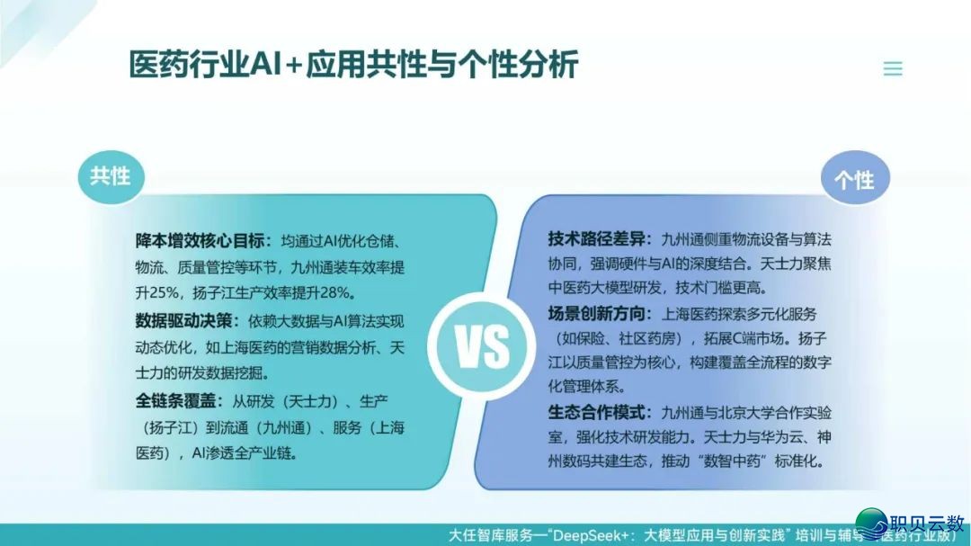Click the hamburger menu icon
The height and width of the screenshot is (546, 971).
[893, 68]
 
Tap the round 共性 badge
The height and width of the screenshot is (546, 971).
[111, 176]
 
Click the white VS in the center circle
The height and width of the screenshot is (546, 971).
[483, 346]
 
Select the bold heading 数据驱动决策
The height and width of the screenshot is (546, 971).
[184, 321]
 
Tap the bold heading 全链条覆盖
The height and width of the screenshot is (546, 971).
[176, 401]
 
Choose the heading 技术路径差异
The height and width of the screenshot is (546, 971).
[596, 239]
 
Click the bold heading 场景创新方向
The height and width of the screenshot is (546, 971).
[596, 314]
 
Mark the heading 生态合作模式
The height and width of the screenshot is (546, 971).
[596, 413]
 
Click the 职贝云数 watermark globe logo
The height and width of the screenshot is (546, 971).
[872, 524]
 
